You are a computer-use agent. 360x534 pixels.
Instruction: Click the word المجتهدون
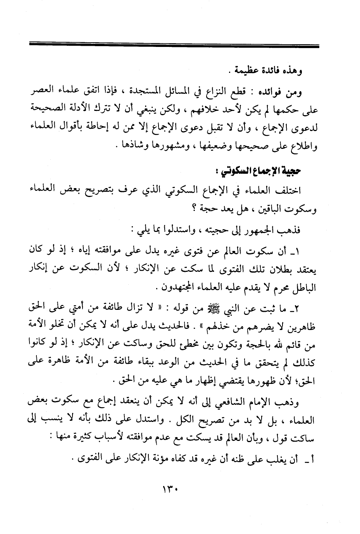pos(172,289)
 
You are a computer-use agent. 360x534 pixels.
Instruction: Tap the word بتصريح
pos(87,191)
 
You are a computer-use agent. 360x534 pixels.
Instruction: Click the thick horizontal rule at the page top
pos(174,46)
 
